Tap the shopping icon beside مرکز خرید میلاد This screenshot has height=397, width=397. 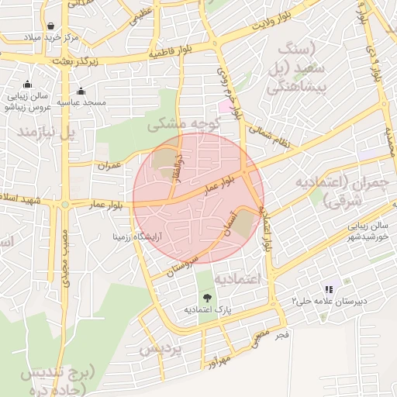tap(50, 26)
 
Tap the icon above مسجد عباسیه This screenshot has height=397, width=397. tap(81, 91)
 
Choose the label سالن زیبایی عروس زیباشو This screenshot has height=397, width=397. tap(27, 102)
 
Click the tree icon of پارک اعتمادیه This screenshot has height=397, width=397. tap(206, 297)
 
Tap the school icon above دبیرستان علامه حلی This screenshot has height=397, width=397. tap(328, 288)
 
